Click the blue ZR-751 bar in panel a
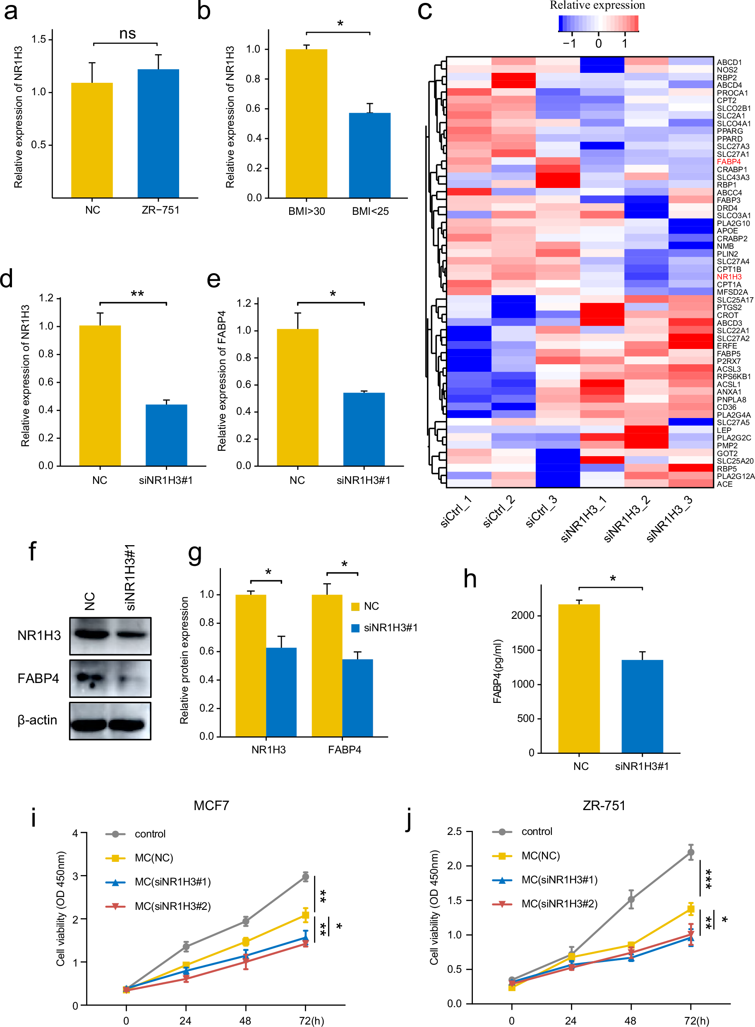(x=158, y=134)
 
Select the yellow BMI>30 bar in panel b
(x=306, y=123)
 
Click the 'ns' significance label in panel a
(x=127, y=34)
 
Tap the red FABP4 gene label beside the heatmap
(x=728, y=162)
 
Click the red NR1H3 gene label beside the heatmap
(x=729, y=277)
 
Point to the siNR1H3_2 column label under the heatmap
(x=627, y=519)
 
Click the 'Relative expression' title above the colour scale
(x=597, y=5)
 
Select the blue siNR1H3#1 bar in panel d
(x=166, y=435)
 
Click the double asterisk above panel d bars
(x=137, y=294)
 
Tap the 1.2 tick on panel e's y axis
(x=244, y=303)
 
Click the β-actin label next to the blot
(x=38, y=720)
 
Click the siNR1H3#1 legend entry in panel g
(x=390, y=628)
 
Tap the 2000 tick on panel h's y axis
(x=523, y=616)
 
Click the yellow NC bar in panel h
(x=579, y=678)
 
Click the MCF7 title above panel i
(x=211, y=805)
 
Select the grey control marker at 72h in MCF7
(x=305, y=877)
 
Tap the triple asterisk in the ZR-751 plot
(x=708, y=879)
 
